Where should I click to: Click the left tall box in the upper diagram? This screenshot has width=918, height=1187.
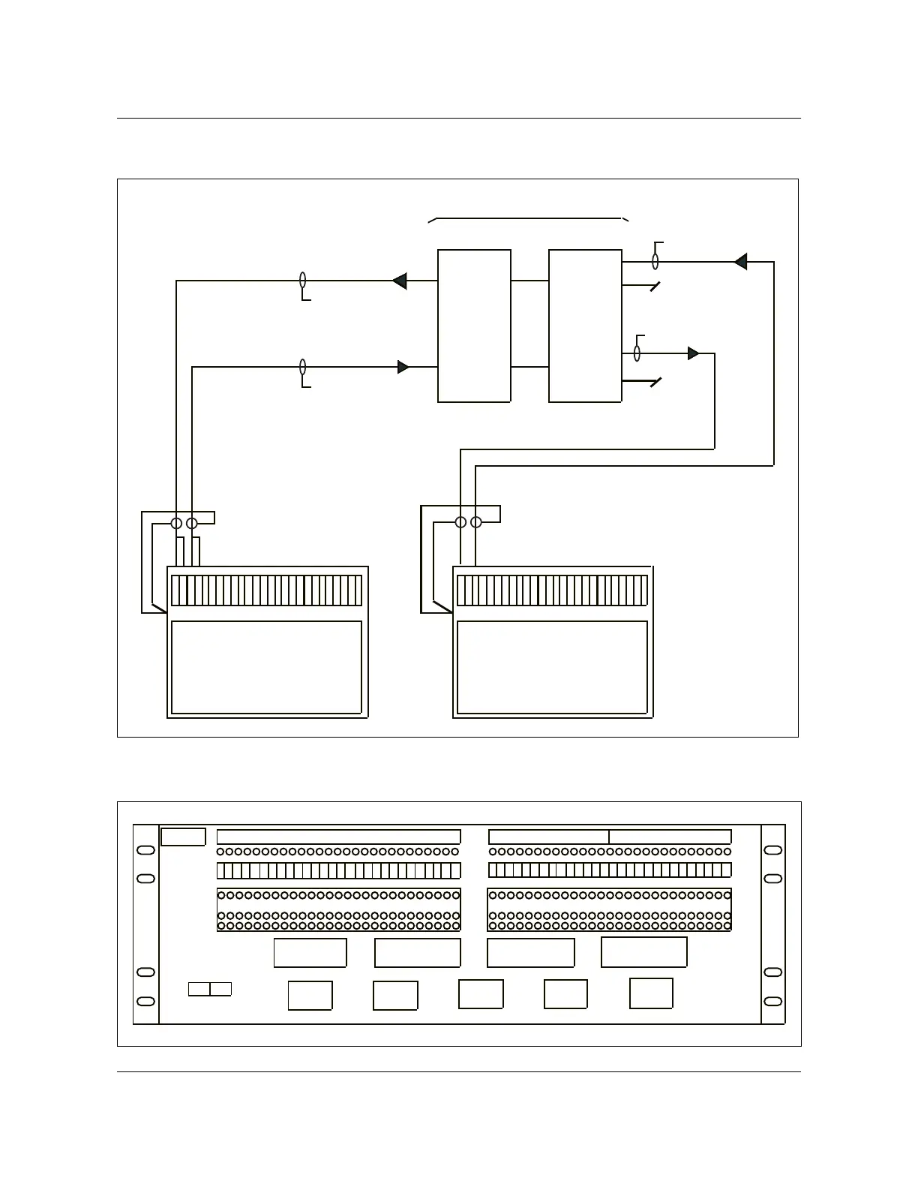pos(474,326)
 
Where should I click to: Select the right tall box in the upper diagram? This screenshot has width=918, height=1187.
pos(585,326)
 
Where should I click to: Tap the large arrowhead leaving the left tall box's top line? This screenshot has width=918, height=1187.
pos(400,281)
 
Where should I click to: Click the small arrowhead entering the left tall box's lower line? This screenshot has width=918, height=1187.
pos(403,367)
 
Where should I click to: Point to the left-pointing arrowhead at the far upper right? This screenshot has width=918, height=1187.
pos(740,262)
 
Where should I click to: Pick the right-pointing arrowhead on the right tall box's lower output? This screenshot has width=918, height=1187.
pos(693,353)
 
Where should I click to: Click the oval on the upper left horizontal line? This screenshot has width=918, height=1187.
pos(303,280)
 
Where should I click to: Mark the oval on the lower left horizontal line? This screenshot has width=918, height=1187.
pos(303,367)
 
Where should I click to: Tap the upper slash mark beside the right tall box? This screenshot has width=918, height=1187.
pos(655,287)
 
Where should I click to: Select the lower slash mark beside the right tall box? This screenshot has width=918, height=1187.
pos(655,383)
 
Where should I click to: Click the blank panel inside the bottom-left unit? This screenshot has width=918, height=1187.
pos(266,667)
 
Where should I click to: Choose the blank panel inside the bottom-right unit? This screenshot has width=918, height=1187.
pos(552,667)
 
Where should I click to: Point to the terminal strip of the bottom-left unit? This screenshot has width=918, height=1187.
pos(266,590)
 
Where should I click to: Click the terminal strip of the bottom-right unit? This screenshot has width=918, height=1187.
pos(552,590)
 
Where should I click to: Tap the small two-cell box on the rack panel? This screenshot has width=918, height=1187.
pos(210,989)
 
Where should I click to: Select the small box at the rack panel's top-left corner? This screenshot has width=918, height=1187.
pos(183,837)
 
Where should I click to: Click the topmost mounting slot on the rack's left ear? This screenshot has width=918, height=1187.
pos(146,850)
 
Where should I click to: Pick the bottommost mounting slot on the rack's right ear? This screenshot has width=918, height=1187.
pos(772,1001)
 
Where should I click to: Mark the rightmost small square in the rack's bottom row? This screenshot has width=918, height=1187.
pos(651,993)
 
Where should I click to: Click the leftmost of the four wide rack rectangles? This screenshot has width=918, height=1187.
pos(310,953)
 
